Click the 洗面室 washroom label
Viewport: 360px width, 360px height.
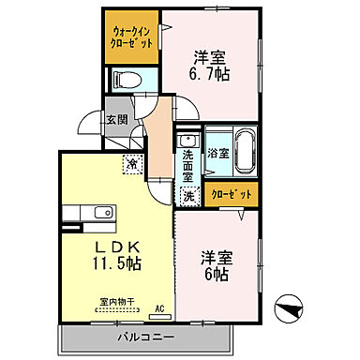click(188, 164)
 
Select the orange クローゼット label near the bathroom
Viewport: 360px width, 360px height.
click(232, 195)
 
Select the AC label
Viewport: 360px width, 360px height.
click(159, 307)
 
